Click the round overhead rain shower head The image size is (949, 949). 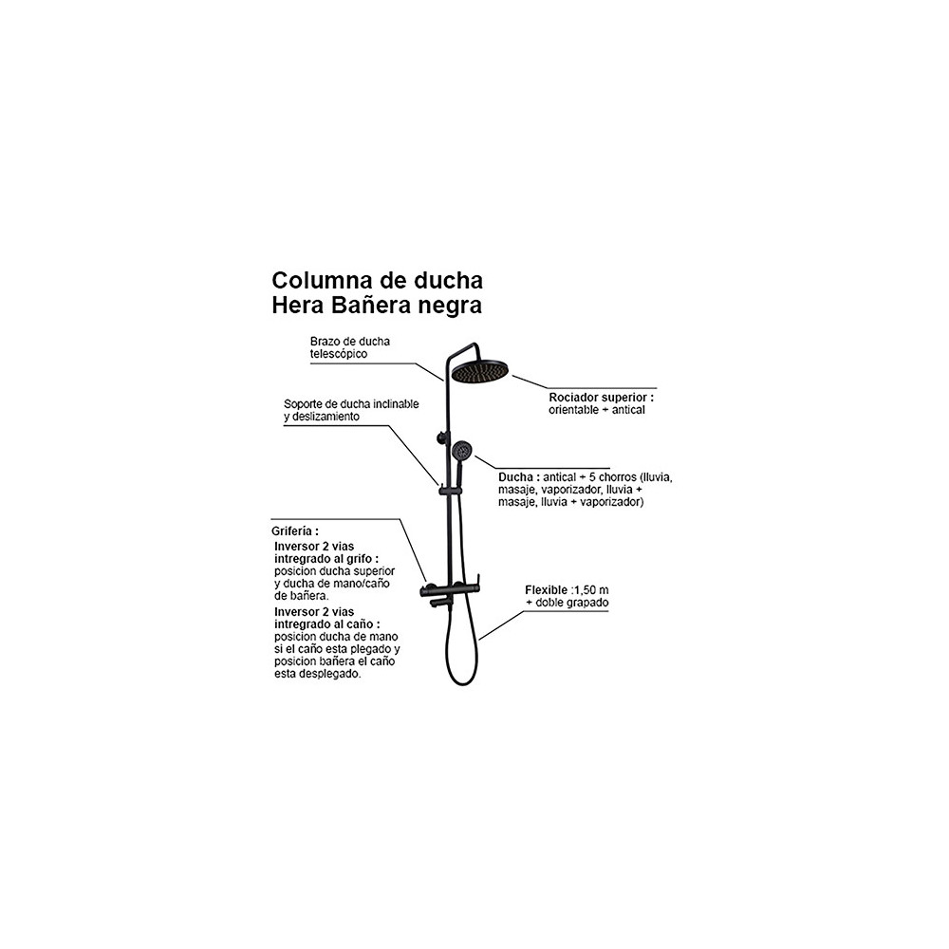tap(480, 370)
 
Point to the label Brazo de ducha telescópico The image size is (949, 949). tap(350, 347)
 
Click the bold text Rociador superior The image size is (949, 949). tap(600, 398)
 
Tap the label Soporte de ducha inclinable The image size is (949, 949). tap(351, 403)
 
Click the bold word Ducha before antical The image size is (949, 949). tap(515, 477)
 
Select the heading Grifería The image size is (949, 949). tap(293, 530)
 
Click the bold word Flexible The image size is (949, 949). tap(547, 590)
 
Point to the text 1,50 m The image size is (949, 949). tap(591, 590)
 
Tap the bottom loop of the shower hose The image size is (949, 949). tap(462, 682)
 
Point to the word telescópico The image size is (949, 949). tap(339, 354)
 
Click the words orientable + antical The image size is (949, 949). tap(597, 410)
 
